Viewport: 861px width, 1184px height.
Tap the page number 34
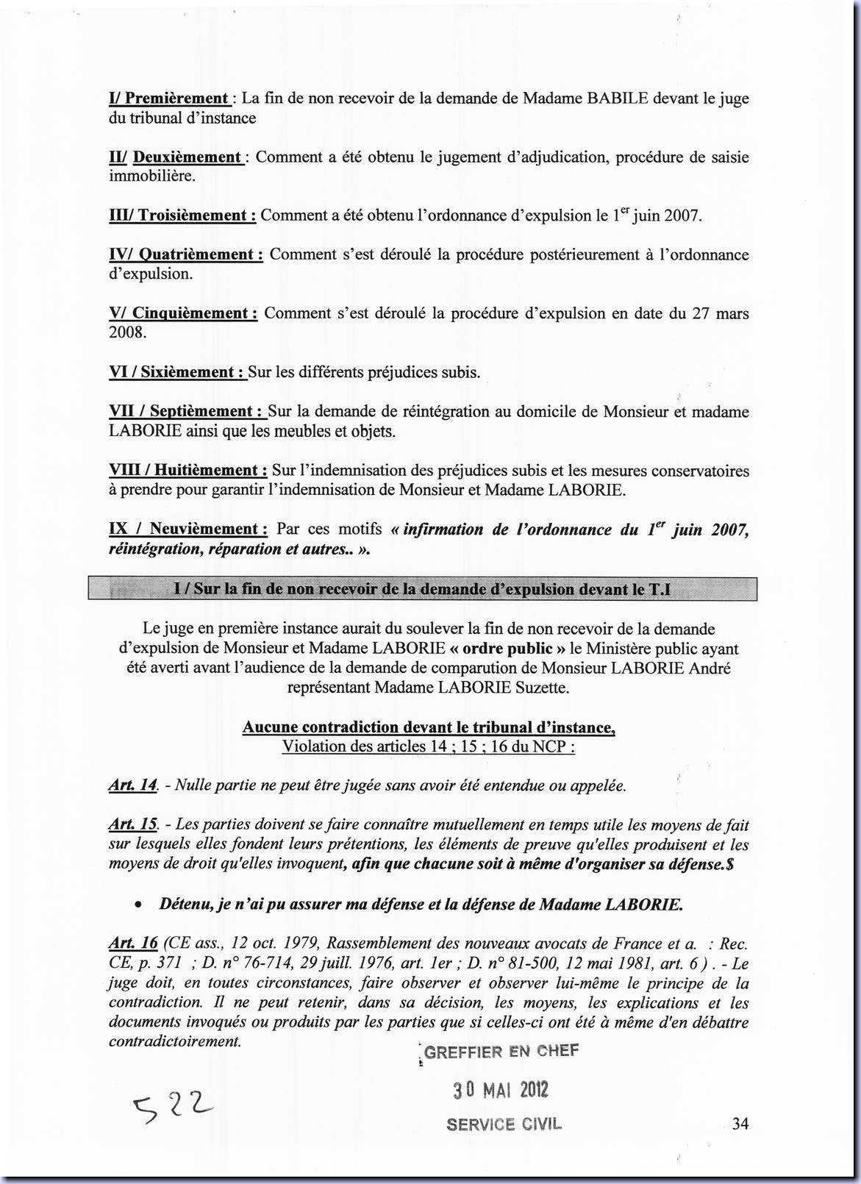coord(740,1124)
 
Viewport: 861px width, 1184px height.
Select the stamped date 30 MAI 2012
coord(501,1090)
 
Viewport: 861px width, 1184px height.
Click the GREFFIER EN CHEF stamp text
coord(501,1052)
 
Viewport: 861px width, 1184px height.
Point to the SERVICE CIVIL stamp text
coord(504,1124)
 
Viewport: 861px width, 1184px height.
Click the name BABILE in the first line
coord(617,99)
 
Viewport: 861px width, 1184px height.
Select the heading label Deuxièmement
coord(187,157)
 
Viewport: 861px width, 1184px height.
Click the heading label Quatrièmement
coord(201,254)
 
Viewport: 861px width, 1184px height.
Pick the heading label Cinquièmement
coord(195,313)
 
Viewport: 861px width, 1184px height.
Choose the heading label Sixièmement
coord(192,372)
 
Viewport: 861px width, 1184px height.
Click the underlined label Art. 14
coord(133,785)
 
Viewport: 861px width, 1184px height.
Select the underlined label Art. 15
coord(133,825)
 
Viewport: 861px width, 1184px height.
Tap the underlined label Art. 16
coord(133,943)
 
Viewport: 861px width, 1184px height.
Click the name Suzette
coord(542,688)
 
